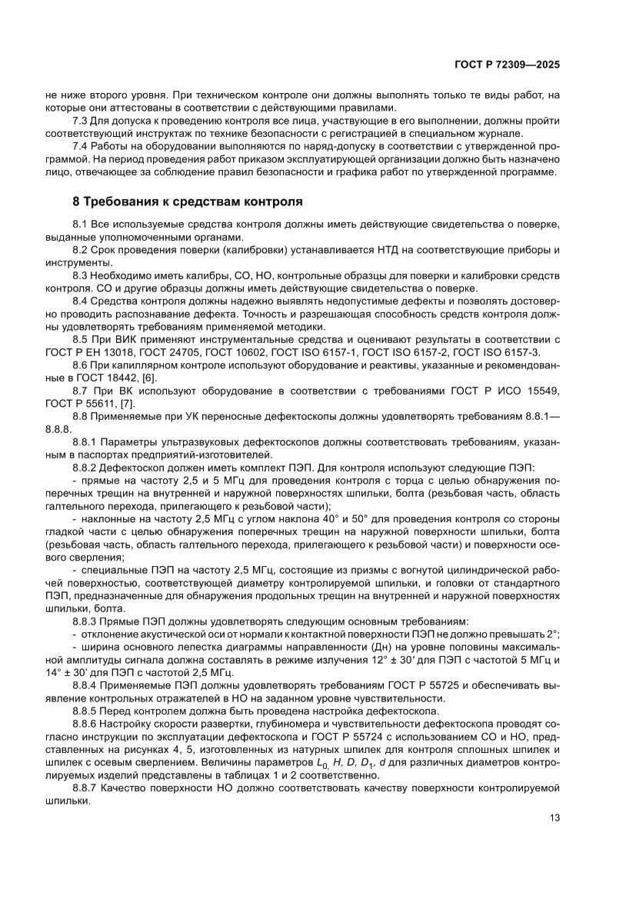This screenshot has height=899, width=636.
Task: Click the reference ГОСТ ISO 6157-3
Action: pos(501,352)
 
